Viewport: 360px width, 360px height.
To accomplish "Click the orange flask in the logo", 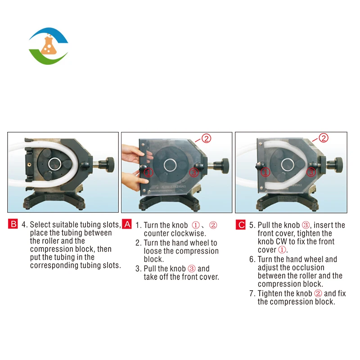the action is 49,45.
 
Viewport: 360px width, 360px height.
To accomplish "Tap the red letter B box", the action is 13,224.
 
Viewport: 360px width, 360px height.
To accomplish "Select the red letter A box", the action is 127,224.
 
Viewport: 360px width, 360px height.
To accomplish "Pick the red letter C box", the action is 241,225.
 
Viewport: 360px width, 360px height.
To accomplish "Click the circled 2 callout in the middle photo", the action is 206,139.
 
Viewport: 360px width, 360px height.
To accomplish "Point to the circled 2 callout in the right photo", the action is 324,138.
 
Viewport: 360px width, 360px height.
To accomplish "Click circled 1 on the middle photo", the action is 148,172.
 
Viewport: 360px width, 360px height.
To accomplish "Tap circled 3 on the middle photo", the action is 193,172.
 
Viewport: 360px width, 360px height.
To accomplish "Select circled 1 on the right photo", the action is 265,172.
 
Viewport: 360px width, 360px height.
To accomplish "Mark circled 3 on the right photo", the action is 311,172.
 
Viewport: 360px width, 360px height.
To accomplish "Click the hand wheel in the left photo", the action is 110,165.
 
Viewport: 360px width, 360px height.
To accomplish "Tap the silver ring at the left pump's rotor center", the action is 54,164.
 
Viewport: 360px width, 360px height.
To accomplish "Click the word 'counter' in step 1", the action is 157,234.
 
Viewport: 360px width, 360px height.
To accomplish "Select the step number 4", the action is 24,224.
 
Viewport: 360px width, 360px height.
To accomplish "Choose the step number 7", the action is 252,293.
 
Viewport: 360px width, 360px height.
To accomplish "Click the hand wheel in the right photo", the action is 338,165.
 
